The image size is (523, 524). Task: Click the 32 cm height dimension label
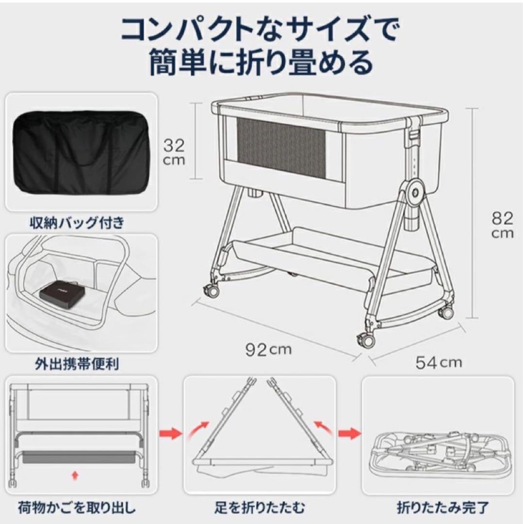(x=173, y=151)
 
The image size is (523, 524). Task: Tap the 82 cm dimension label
(x=502, y=225)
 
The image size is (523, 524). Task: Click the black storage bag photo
(x=81, y=152)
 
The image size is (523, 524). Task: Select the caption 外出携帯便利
(x=81, y=363)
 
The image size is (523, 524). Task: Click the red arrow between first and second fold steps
(x=170, y=432)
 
